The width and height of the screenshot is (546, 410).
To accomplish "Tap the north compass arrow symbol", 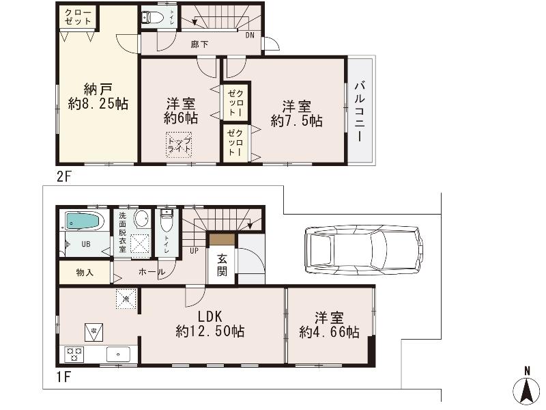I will (x=526, y=389).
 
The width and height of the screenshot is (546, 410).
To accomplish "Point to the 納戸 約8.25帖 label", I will (x=98, y=97).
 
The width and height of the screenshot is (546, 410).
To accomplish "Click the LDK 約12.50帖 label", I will (x=210, y=325).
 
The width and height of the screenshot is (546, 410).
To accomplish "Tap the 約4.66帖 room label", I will (x=329, y=325).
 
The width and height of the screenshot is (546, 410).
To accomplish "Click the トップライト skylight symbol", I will (x=179, y=145).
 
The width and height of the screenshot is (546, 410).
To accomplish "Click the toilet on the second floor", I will (x=152, y=18).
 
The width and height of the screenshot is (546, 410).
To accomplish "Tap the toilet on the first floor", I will (x=167, y=223).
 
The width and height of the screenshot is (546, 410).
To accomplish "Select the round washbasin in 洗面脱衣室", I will (x=141, y=219).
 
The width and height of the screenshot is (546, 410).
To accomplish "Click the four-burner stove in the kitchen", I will (x=74, y=354).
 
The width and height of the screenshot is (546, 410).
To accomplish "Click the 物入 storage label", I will (x=85, y=273).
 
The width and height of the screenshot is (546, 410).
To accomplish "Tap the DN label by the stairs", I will (x=250, y=35).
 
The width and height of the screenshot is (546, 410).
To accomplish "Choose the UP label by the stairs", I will (x=195, y=250).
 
